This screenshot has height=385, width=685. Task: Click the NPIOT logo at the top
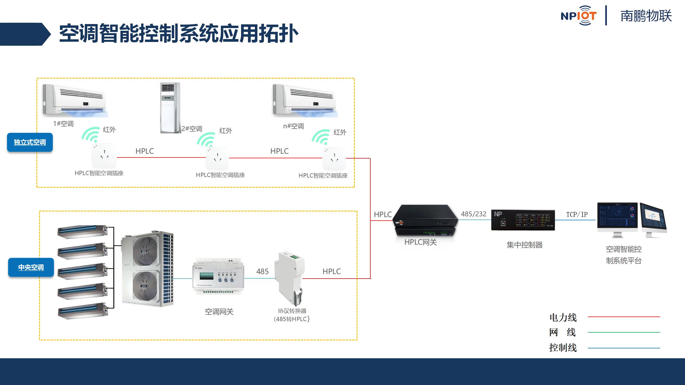pos(579,16)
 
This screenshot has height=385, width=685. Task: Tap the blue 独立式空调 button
pos(30,142)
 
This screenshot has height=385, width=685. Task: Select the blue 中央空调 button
pos(31,267)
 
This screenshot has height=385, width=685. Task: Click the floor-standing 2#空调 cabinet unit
pos(170,107)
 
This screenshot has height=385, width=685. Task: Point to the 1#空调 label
pos(63,124)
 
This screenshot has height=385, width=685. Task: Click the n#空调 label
pos(294,126)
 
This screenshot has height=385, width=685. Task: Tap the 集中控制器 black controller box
pos(523,220)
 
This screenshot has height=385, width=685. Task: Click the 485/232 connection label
pos(474,214)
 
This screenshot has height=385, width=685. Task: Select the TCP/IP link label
pos(577,214)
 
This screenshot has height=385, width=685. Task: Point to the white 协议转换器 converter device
pos(291,278)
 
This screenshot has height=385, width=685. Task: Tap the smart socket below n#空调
pos(334,158)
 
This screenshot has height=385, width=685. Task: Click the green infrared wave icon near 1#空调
pos(90,135)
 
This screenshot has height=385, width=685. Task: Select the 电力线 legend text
pos(563,318)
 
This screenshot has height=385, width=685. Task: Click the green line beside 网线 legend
pos(623,332)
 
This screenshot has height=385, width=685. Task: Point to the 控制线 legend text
pos(563,348)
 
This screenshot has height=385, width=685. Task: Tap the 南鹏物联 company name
pos(646,16)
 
